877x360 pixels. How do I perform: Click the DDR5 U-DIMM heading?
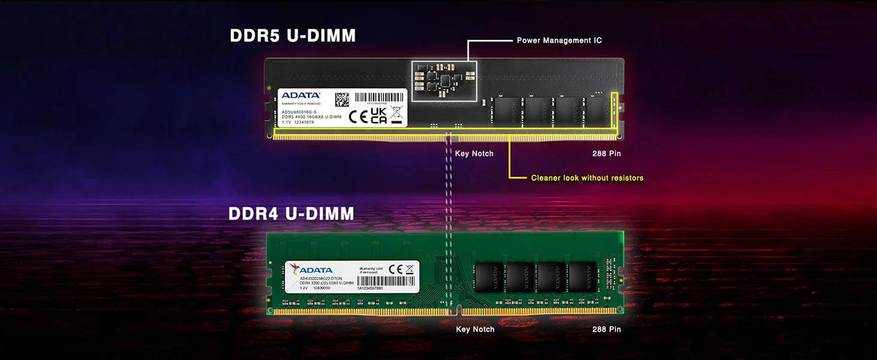[x=292, y=36]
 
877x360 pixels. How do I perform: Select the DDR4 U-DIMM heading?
[x=291, y=213]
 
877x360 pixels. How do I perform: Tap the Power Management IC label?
[x=559, y=41]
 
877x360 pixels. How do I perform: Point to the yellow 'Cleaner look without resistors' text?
[x=587, y=178]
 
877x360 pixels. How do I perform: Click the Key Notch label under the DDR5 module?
[x=474, y=154]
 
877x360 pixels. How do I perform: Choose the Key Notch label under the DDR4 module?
[x=475, y=329]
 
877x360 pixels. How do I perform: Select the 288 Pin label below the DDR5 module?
[x=606, y=154]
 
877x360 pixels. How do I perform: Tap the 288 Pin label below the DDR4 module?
[x=606, y=329]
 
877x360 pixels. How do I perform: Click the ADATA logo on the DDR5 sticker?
[x=301, y=95]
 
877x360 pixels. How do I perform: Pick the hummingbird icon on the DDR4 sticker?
[x=295, y=268]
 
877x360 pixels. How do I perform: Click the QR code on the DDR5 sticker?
[x=341, y=99]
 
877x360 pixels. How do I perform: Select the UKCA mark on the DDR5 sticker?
[x=379, y=116]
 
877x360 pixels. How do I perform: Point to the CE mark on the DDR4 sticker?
[x=395, y=269]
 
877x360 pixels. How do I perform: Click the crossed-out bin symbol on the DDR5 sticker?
[x=396, y=114]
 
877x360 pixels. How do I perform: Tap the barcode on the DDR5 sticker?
[x=379, y=97]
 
